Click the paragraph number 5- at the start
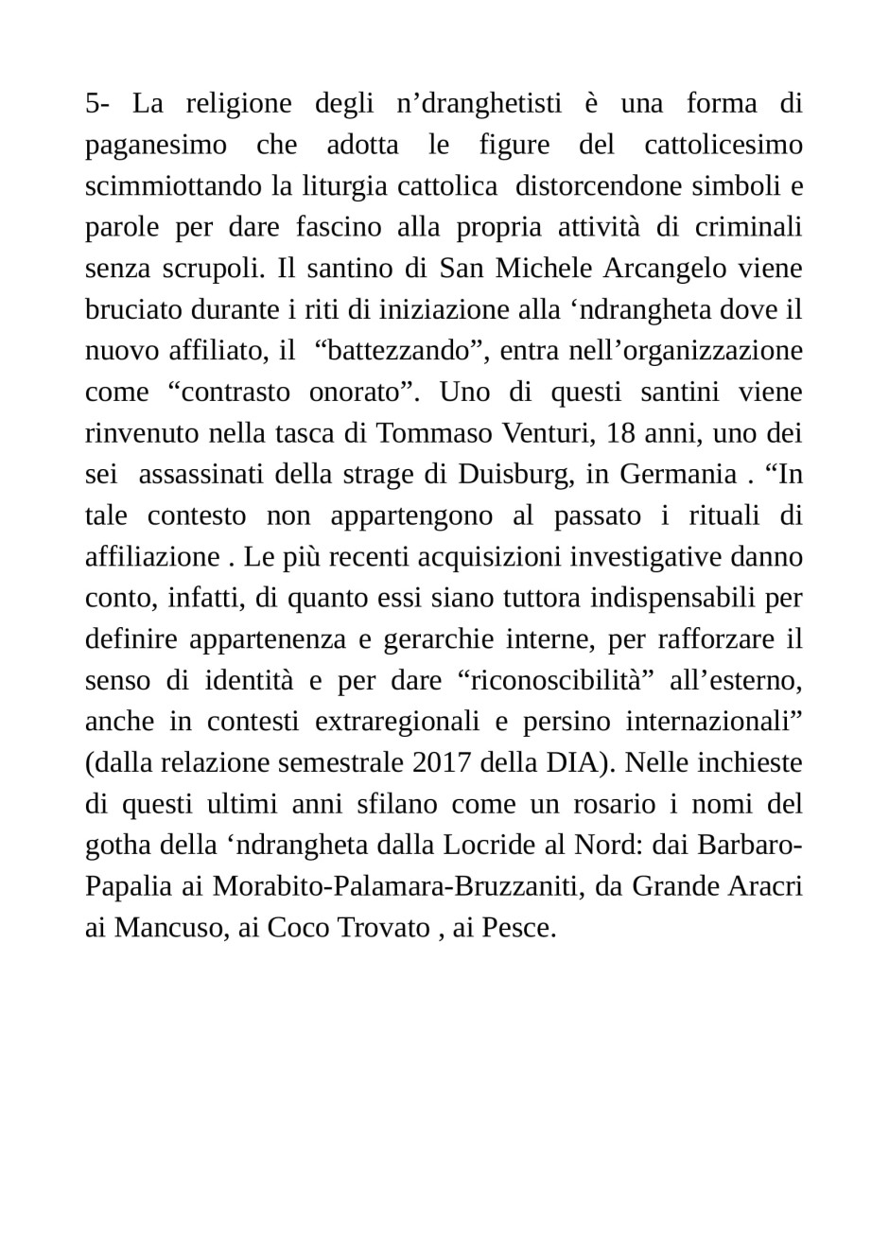(x=98, y=103)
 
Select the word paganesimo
(x=156, y=145)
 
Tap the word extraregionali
(x=397, y=721)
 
